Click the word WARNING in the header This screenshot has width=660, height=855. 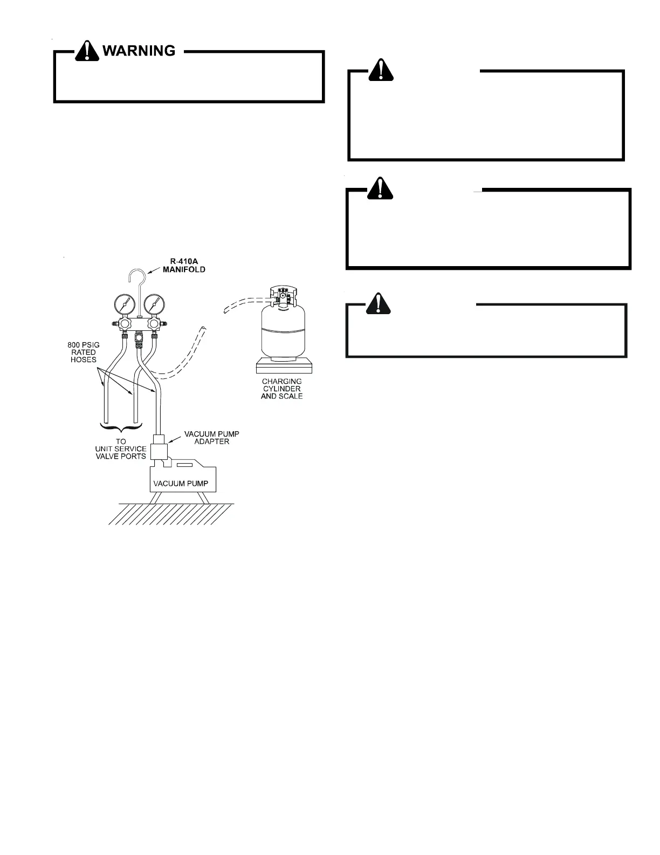139,51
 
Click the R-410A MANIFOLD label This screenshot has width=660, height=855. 184,266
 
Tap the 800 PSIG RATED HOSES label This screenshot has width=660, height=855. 84,352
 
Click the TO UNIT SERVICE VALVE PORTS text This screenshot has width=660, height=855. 121,449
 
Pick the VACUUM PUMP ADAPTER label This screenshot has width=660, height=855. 212,438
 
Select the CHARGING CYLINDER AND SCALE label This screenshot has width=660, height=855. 281,389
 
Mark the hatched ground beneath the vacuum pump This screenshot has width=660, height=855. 171,514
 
